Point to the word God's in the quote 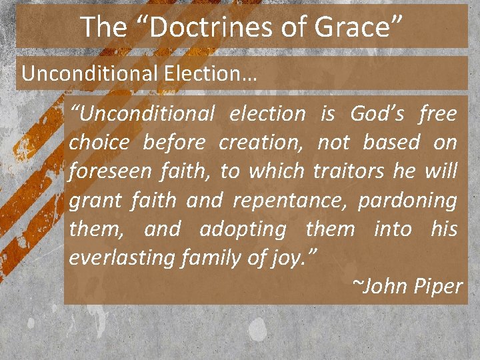click(x=378, y=114)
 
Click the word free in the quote click(x=438, y=114)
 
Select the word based click(x=392, y=143)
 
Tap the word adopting click(x=243, y=229)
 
